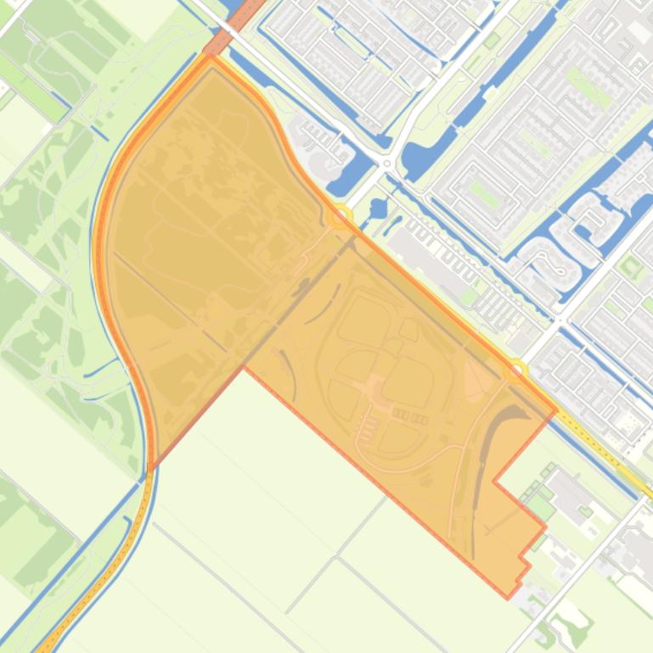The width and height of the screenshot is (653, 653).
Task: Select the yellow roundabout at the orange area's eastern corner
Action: click(515, 371)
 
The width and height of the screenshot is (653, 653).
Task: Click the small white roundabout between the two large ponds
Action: click(387, 163)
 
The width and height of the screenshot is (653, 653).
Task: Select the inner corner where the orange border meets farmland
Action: click(244, 367)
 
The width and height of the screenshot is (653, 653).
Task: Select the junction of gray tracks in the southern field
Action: click(337, 558)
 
